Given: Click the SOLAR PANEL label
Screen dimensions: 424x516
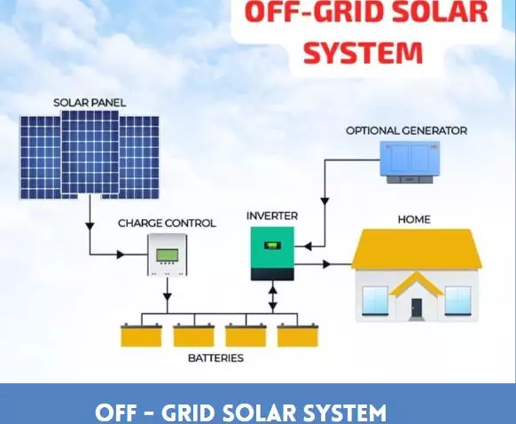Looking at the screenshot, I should [90, 103].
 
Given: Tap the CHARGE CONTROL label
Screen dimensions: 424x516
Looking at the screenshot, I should [167, 224].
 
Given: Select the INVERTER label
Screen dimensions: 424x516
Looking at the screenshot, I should [272, 216].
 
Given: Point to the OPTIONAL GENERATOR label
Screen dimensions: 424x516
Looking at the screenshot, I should [406, 130].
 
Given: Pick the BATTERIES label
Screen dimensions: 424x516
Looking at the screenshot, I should [215, 358].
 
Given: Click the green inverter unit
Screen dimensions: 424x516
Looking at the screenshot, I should [272, 253].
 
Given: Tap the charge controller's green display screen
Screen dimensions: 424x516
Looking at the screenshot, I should [167, 256].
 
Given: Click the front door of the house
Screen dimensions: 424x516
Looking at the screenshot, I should [417, 307].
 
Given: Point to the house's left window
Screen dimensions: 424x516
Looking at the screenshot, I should [375, 300].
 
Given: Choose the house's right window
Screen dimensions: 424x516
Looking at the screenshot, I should [457, 300].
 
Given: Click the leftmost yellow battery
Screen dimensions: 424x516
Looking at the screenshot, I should [142, 336].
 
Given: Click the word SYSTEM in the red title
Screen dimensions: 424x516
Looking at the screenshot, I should [363, 52].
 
